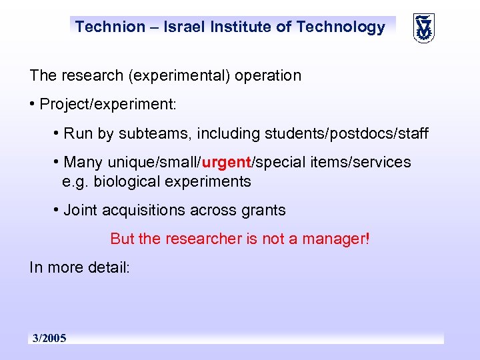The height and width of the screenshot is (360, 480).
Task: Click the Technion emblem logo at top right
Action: [423, 28]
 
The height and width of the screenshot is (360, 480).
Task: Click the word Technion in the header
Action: [109, 27]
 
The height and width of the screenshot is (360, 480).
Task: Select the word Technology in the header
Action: [341, 27]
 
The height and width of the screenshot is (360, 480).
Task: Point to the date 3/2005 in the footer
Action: [49, 339]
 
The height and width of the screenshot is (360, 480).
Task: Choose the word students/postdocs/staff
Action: [347, 134]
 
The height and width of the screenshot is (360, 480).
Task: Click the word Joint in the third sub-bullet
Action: [81, 211]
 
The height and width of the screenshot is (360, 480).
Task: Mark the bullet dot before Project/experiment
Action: [33, 105]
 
